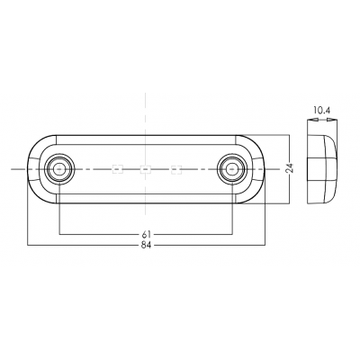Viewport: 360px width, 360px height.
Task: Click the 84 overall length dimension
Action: (146, 246)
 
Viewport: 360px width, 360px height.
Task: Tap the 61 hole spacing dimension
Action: (146, 234)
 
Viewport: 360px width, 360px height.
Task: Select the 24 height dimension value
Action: (289, 168)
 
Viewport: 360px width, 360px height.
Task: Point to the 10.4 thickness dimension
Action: (321, 111)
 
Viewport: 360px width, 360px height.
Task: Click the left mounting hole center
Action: (58, 169)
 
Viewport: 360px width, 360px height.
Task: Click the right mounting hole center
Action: (232, 169)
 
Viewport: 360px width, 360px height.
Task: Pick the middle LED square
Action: (146, 169)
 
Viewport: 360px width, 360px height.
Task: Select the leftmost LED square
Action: (117, 169)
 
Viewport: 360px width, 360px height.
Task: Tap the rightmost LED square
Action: (176, 169)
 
